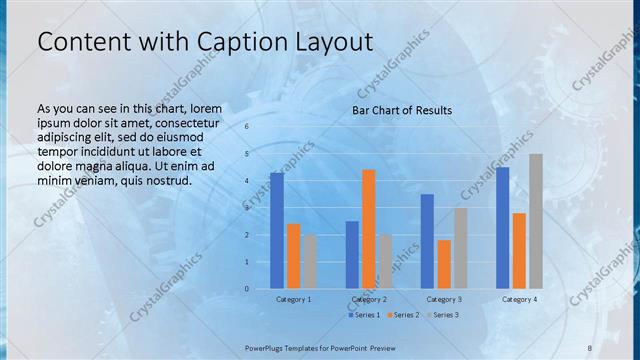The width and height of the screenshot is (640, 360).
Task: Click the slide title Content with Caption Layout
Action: coord(205,42)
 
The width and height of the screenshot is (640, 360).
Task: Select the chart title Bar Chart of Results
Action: coord(401,110)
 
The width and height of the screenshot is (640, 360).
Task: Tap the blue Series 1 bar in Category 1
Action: coord(277,230)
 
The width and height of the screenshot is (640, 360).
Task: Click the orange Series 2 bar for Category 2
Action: coord(368,229)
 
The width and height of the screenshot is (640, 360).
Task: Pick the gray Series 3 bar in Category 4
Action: coord(536,221)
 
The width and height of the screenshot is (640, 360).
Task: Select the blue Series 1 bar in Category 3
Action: coord(427,241)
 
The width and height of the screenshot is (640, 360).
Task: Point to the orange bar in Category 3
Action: coord(443,264)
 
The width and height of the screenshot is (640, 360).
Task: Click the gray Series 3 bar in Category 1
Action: coord(310,261)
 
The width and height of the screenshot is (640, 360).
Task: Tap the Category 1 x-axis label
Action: coord(293,299)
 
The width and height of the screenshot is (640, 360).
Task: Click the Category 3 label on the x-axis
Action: coord(444,299)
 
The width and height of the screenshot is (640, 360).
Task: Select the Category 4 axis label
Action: coord(519,299)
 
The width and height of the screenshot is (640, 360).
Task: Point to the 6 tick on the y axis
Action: coord(246,127)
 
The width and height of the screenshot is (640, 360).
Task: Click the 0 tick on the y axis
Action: coord(246,289)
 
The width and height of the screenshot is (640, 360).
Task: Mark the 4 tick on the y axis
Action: coord(246,181)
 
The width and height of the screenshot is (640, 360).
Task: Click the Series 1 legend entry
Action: coord(364,315)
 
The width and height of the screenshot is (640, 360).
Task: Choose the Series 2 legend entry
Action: coord(405,315)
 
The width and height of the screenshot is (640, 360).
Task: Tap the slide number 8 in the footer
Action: coord(590,347)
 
